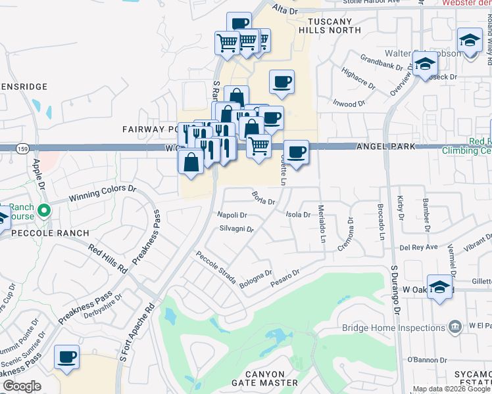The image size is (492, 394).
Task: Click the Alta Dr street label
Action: pyautogui.click(x=285, y=10)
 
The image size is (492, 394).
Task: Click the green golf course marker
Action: pyautogui.click(x=44, y=211)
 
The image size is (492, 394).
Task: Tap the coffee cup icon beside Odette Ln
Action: pyautogui.click(x=296, y=153)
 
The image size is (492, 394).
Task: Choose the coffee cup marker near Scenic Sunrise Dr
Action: pyautogui.click(x=66, y=358)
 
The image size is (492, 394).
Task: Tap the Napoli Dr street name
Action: pyautogui.click(x=232, y=215)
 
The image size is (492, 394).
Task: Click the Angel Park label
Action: pyautogui.click(x=386, y=146)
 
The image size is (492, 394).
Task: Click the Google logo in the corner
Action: pyautogui.click(x=22, y=386)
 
